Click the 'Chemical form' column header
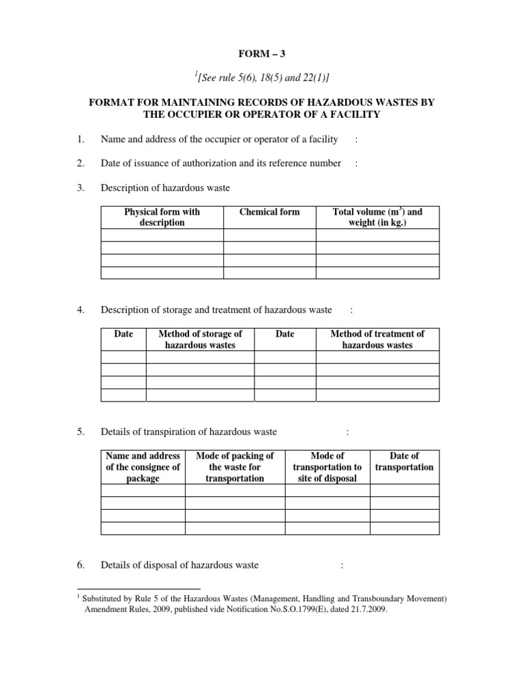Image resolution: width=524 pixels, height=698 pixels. (270, 212)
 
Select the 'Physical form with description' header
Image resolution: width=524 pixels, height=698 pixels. (162, 217)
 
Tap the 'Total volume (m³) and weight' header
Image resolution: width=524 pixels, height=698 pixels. (377, 217)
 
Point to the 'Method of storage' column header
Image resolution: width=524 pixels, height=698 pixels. (200, 339)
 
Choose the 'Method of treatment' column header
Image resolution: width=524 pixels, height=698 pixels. (377, 339)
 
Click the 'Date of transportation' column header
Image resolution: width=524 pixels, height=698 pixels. (404, 461)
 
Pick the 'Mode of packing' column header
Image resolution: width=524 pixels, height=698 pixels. (235, 467)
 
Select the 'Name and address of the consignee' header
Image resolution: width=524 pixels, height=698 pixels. (143, 467)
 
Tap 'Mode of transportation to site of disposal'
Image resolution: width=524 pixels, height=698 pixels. (327, 467)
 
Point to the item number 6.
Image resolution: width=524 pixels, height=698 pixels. (80, 565)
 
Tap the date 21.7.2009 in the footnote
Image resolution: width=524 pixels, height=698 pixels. (365, 611)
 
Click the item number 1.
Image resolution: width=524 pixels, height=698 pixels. (80, 139)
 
